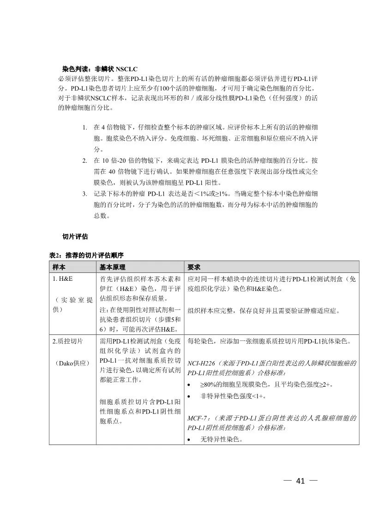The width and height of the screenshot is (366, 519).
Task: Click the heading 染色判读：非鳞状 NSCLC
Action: pos(100,68)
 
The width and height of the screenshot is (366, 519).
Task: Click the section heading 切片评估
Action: pos(75,236)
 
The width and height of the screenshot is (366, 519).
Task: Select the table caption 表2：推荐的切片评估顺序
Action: pos(86,255)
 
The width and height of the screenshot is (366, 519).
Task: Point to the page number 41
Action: pos(301,481)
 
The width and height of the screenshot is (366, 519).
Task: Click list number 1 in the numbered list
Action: pos(84,127)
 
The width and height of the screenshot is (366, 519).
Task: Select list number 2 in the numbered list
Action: pos(84,160)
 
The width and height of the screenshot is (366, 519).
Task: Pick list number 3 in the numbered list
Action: pos(84,193)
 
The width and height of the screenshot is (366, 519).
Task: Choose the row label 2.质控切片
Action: pos(67,341)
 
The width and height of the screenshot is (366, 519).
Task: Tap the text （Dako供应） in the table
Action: pos(71,364)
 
